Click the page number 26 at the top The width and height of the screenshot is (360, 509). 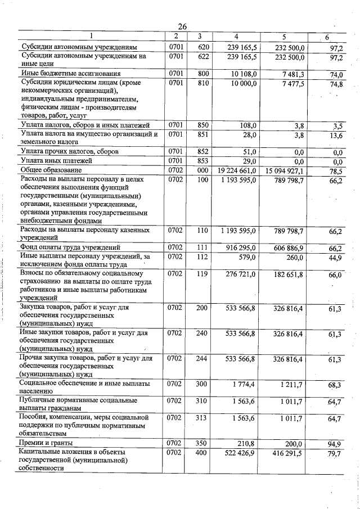tap(182, 27)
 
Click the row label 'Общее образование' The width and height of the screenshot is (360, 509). tap(51, 170)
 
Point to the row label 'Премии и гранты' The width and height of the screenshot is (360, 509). tap(48, 443)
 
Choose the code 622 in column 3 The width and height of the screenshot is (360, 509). tap(200, 57)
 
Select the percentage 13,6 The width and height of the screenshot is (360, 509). tap(337, 136)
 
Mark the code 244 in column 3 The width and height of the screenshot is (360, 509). tap(200, 358)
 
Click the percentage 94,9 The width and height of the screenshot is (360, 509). tap(336, 444)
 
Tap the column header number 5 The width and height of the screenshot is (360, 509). tap(283, 37)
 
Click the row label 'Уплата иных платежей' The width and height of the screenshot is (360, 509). tap(57, 161)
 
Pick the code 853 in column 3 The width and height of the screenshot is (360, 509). tap(200, 161)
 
